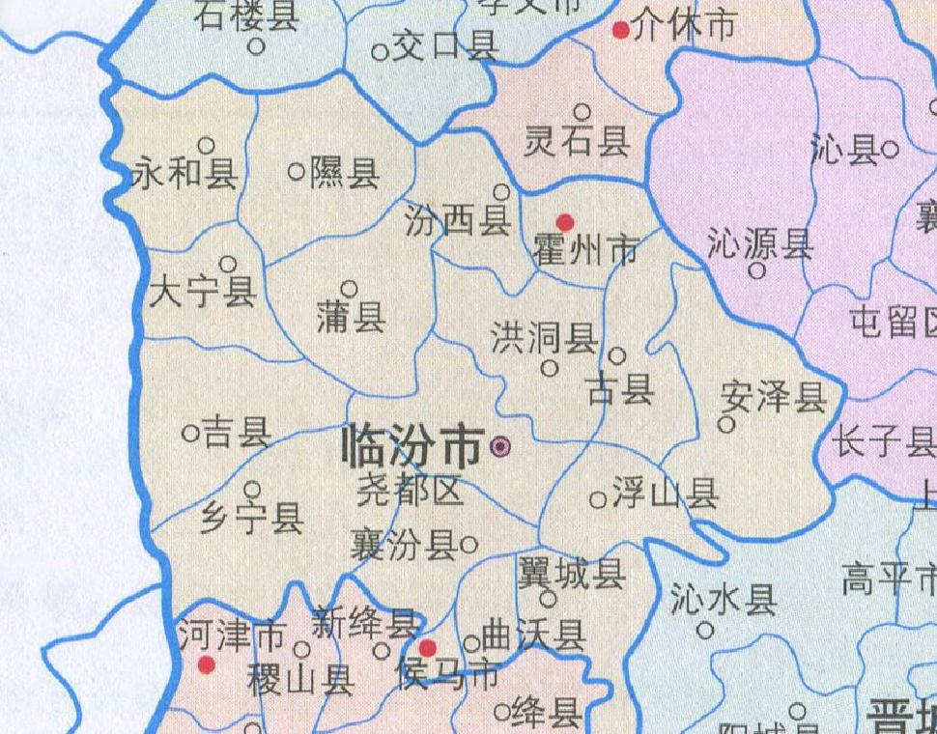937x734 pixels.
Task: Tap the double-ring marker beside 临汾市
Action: [499, 446]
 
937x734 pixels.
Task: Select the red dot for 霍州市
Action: [565, 223]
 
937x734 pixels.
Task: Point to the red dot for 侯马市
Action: [427, 647]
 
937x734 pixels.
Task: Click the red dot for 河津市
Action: [206, 664]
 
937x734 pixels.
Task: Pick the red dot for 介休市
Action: [621, 30]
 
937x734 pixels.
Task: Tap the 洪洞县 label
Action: [543, 338]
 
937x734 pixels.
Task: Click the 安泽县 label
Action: [774, 396]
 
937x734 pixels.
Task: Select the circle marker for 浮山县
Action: [598, 499]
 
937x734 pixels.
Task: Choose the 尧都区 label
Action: [410, 493]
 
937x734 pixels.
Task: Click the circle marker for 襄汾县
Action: [468, 545]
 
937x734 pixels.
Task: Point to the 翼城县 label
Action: [571, 575]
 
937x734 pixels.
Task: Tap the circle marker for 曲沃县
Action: [472, 643]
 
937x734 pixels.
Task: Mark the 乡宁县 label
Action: [252, 520]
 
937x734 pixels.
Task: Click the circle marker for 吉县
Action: [190, 434]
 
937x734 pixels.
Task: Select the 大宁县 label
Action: [202, 292]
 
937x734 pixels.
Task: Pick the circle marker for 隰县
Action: [297, 172]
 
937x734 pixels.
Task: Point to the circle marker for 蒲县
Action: [350, 288]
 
